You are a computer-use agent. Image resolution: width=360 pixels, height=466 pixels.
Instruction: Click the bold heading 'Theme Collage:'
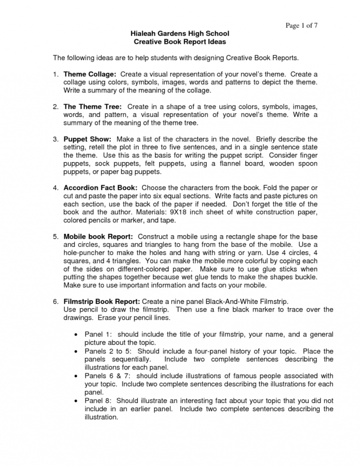[x=90, y=75]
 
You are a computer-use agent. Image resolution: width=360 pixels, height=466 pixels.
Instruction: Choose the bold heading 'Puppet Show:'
[x=87, y=139]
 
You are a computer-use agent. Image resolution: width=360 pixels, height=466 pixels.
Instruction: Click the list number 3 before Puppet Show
[x=54, y=139]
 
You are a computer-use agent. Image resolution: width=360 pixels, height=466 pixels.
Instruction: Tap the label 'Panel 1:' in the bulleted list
[x=98, y=335]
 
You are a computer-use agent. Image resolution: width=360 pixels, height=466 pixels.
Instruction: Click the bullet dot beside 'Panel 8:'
[x=76, y=400]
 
